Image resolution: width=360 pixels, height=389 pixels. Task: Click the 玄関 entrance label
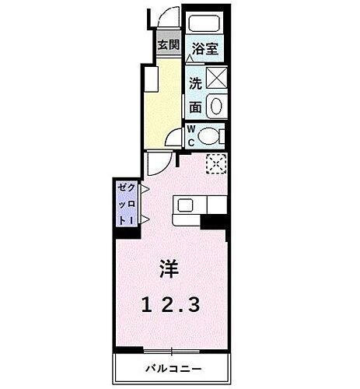tap(167, 44)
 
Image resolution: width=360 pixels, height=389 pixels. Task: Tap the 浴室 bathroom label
tap(204, 47)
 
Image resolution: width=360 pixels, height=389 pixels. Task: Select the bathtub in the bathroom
tap(205, 23)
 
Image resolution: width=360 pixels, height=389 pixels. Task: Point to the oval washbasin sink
tap(215, 107)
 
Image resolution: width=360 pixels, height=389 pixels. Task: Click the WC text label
tap(190, 137)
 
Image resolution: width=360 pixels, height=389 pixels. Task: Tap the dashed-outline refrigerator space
tap(215, 163)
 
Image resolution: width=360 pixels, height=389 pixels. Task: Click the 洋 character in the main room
tap(170, 270)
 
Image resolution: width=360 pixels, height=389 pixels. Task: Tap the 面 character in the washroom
tap(194, 107)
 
